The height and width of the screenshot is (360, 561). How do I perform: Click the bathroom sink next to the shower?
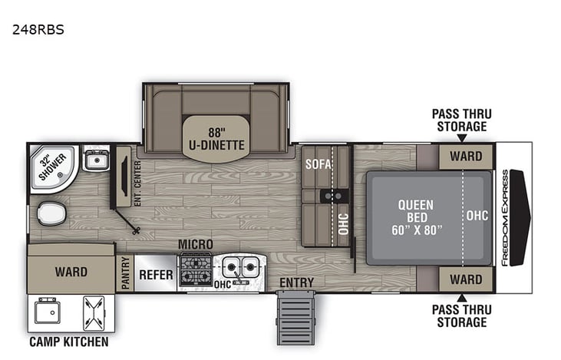(x=96, y=160)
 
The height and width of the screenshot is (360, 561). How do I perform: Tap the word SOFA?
(x=317, y=163)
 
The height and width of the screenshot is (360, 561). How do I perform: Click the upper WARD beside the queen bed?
(x=466, y=157)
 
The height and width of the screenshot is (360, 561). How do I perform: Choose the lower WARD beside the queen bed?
(x=466, y=279)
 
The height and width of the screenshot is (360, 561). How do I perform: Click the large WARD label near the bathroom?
(x=71, y=272)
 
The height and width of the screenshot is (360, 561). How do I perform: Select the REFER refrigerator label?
(x=157, y=273)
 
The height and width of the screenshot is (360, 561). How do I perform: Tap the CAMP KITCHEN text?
(x=69, y=342)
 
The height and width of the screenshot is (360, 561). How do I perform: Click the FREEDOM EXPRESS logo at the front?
(x=504, y=217)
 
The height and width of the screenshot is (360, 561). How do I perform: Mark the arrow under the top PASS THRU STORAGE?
(x=462, y=138)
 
